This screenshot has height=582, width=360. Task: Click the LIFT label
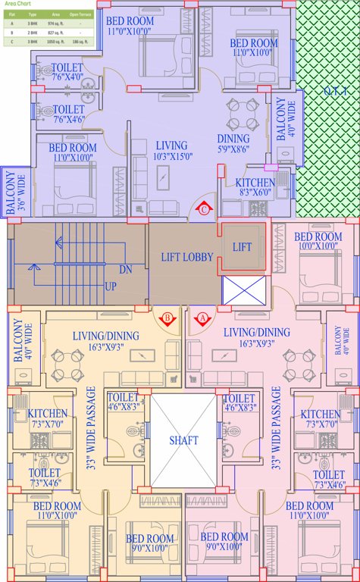click(x=242, y=248)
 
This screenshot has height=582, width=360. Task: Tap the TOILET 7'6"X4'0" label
click(x=68, y=71)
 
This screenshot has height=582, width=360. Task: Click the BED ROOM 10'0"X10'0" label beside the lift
click(x=318, y=242)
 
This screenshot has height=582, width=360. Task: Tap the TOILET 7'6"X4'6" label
click(x=68, y=114)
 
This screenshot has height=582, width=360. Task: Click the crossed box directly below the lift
click(x=243, y=291)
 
